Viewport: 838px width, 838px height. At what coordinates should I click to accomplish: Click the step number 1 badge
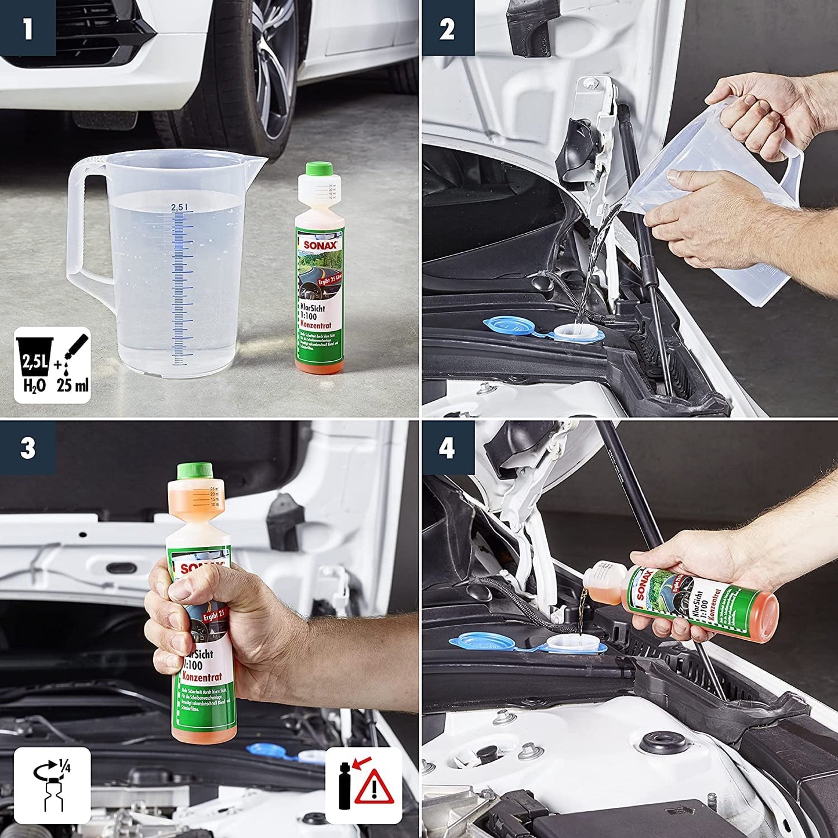pyautogui.click(x=27, y=28)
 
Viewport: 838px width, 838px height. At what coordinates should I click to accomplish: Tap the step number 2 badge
pyautogui.click(x=447, y=28)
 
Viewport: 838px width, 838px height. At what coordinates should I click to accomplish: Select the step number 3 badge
pyautogui.click(x=27, y=448)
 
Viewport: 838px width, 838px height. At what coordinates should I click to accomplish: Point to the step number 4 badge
pyautogui.click(x=447, y=448)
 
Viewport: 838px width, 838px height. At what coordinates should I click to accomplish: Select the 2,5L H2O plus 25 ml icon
pyautogui.click(x=53, y=365)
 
